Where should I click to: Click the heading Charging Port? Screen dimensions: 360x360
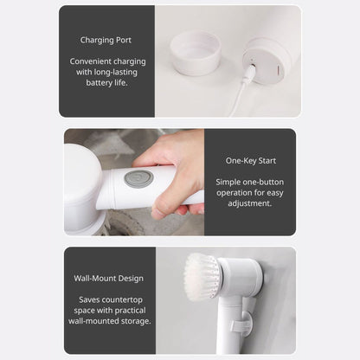click(x=106, y=40)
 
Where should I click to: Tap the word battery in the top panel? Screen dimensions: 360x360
click(x=99, y=83)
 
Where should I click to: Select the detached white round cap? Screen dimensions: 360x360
click(x=196, y=53)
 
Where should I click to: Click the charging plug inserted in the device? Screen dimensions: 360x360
click(x=250, y=70)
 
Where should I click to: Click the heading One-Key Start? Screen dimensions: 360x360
click(x=251, y=161)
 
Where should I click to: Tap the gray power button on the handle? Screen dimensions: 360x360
click(x=138, y=178)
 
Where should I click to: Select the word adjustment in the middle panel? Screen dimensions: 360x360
click(x=250, y=203)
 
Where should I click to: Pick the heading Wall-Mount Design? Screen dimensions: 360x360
click(x=108, y=279)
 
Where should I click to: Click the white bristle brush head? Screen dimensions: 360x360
click(x=201, y=277)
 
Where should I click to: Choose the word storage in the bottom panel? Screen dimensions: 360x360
click(x=135, y=321)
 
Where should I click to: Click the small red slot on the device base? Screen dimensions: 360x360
click(x=279, y=71)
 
